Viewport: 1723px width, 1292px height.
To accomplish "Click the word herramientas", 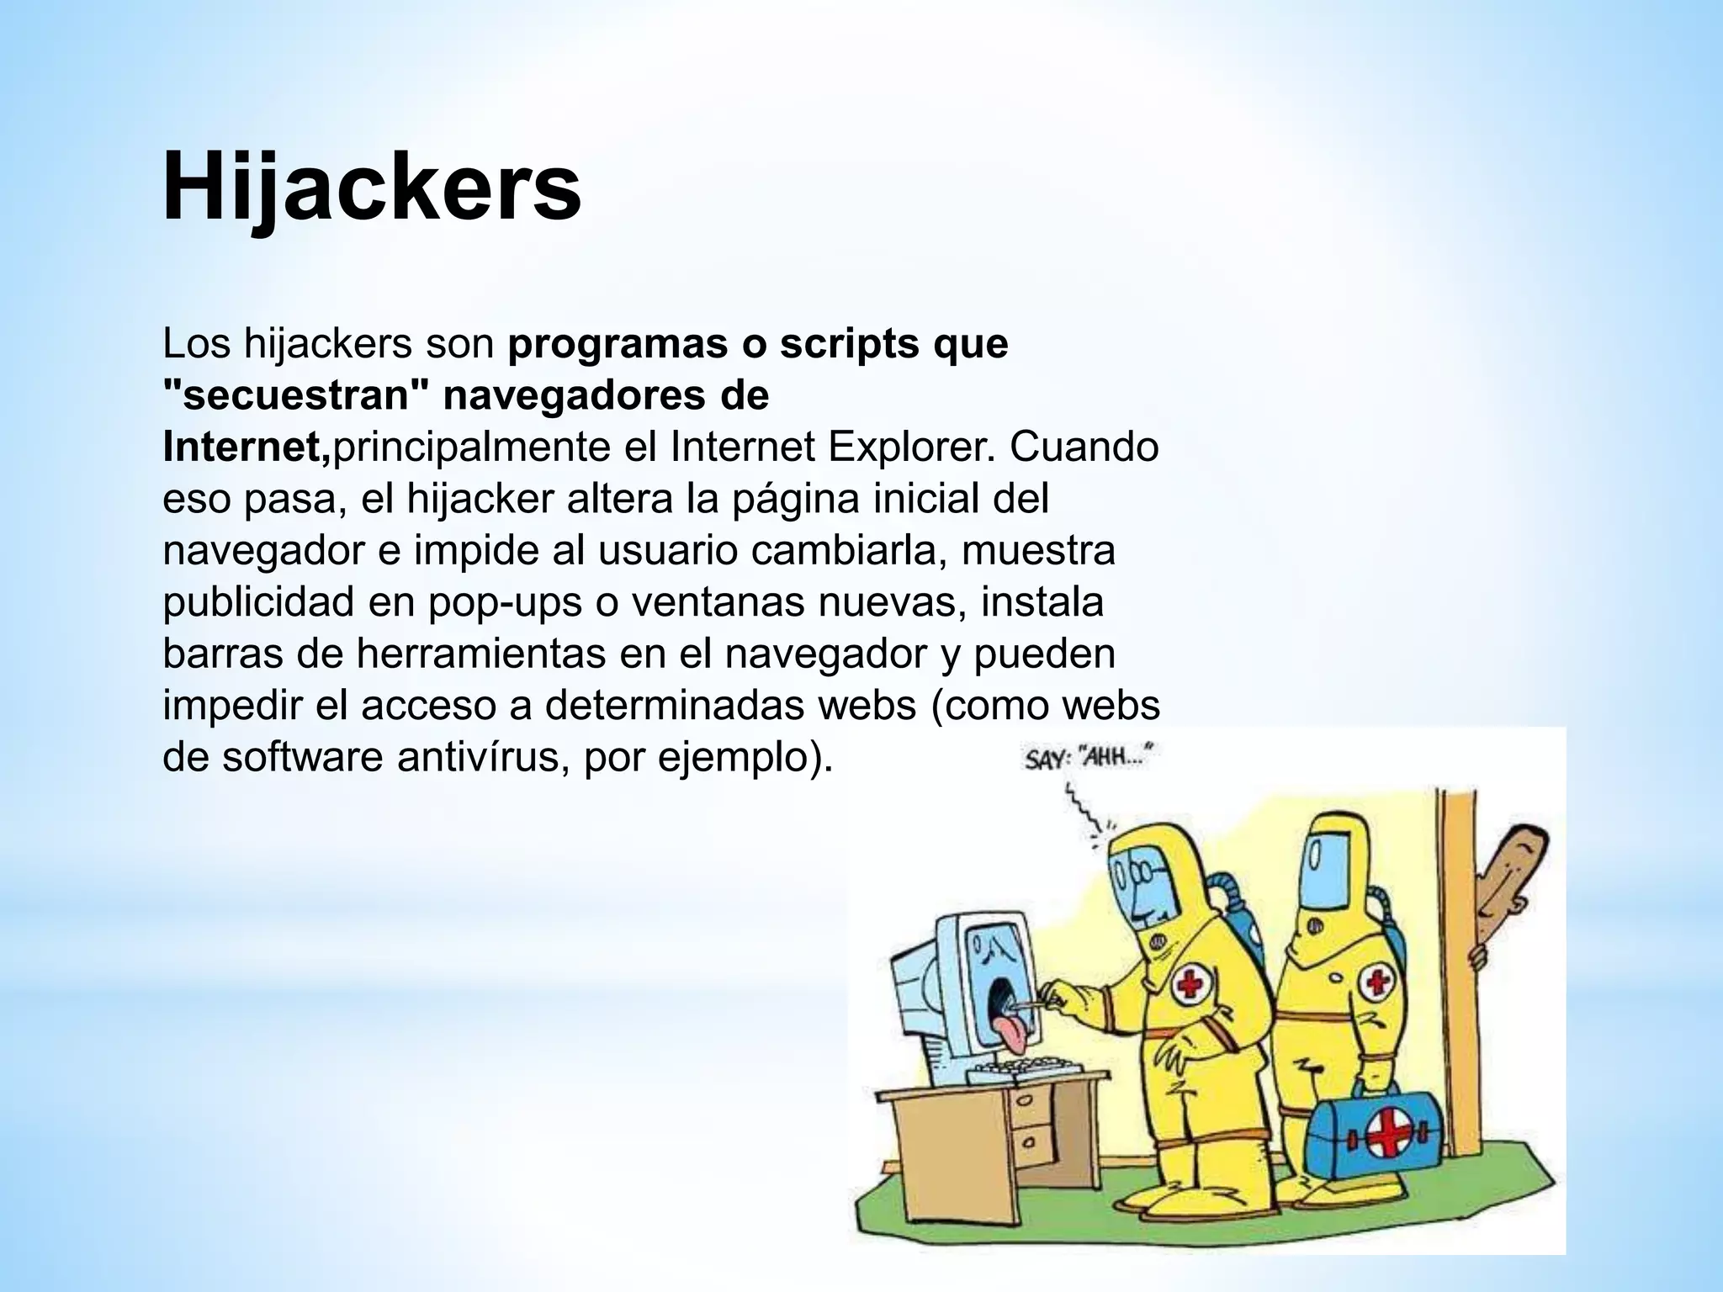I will point(480,654).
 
